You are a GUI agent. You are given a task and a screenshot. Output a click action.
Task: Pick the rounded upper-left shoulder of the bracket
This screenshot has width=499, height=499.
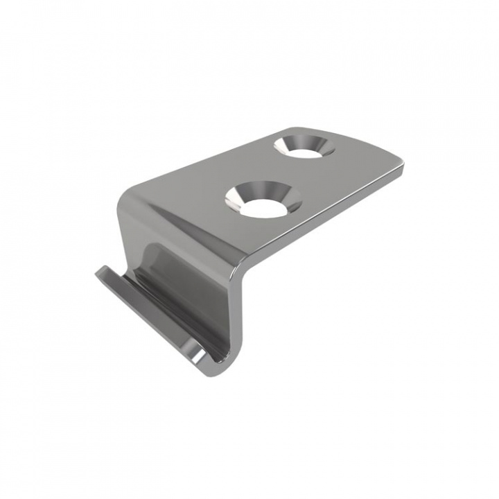coord(128,198)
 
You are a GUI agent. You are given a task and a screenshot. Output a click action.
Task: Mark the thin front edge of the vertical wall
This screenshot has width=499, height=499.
coord(234,319)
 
